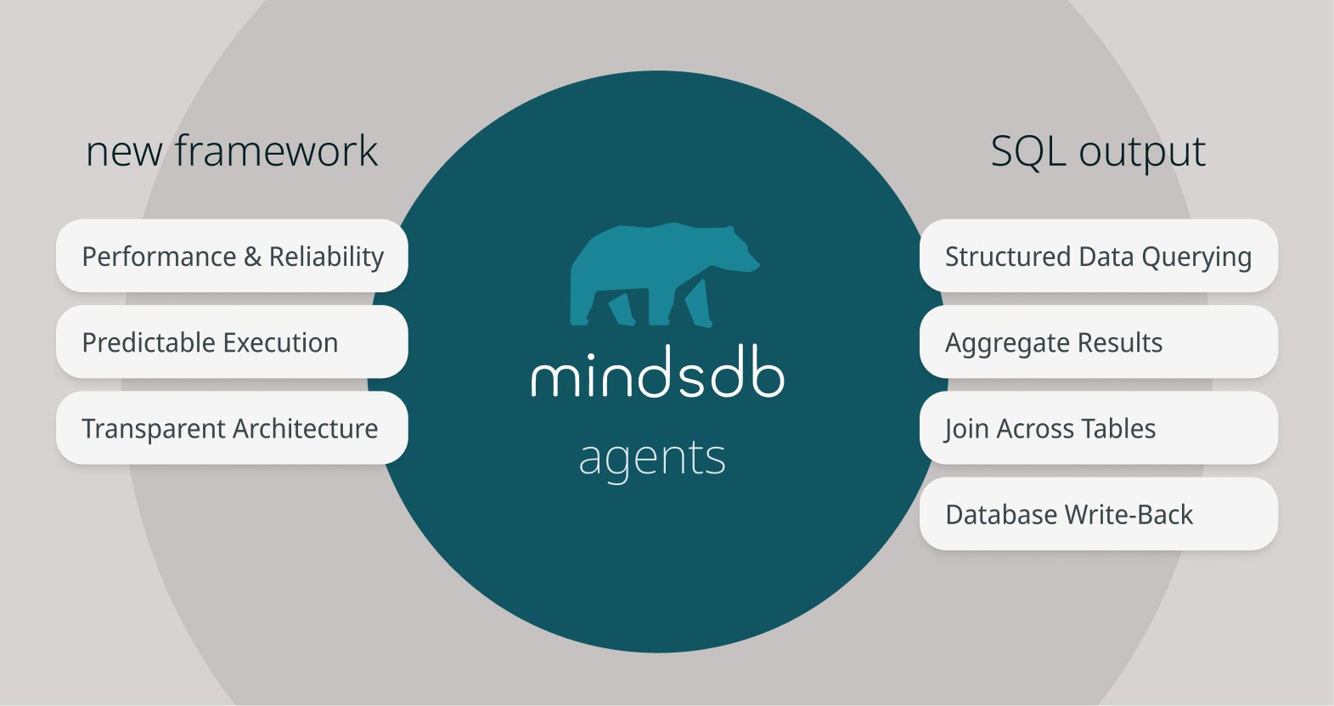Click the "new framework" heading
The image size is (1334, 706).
[231, 152]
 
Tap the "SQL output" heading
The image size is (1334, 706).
[1097, 152]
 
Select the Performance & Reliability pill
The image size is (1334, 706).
[232, 257]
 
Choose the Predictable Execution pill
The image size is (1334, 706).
[232, 342]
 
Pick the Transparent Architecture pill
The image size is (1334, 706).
[232, 428]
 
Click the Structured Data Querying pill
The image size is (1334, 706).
[1098, 257]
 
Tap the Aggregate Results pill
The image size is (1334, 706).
[1098, 342]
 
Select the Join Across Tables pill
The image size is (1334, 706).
[1098, 428]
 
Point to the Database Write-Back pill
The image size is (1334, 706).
[1098, 514]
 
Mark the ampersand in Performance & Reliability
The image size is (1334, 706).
[252, 257]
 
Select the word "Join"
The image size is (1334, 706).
[966, 429]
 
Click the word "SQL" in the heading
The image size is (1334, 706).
[1028, 152]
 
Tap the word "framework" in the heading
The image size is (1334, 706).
[276, 152]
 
